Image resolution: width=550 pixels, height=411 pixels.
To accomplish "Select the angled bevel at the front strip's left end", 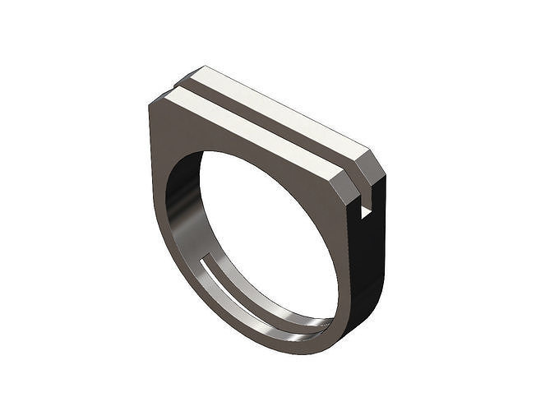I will (159, 100).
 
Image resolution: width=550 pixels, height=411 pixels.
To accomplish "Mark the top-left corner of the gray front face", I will (150, 105).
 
